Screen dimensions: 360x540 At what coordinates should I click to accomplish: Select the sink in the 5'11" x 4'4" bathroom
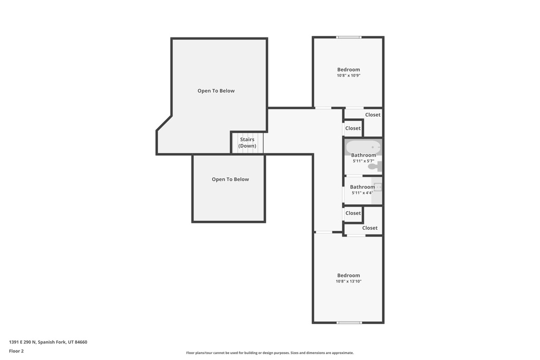(x=378, y=187)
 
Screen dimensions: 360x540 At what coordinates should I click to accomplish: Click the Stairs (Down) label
(x=247, y=142)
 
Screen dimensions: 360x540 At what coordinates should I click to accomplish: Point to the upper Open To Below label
(x=216, y=91)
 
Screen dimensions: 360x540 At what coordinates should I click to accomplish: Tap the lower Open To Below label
(x=230, y=179)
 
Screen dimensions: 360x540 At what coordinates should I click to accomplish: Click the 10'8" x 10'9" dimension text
(x=349, y=75)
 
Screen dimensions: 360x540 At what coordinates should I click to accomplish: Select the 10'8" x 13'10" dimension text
(x=349, y=281)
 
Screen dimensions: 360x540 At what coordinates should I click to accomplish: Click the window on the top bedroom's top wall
(x=349, y=37)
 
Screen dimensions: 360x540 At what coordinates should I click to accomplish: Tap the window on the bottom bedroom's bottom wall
(x=349, y=323)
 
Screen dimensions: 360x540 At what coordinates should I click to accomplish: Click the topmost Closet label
(x=373, y=115)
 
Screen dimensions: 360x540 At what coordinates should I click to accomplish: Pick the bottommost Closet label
(x=370, y=228)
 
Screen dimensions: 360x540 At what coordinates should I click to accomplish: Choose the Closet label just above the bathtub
(x=353, y=128)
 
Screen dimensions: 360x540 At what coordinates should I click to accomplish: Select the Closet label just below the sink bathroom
(x=353, y=213)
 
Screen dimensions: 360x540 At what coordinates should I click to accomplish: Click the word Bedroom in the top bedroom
(x=349, y=70)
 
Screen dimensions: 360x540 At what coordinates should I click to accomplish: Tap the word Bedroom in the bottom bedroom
(x=349, y=275)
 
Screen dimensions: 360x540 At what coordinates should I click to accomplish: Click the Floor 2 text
(x=16, y=351)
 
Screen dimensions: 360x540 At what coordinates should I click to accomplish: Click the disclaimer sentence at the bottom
(x=270, y=353)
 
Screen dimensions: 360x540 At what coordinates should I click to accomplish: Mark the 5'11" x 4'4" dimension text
(x=363, y=193)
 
